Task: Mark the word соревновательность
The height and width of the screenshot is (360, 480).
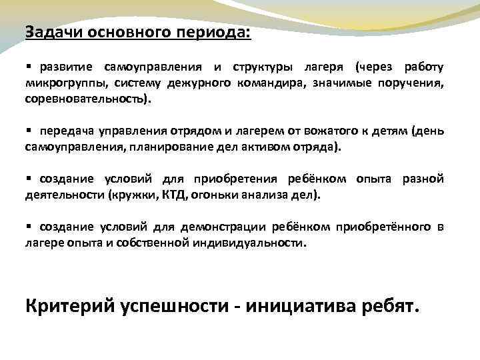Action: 87,98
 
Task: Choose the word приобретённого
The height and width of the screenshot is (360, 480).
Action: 385,227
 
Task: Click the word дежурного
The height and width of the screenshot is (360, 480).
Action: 199,83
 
